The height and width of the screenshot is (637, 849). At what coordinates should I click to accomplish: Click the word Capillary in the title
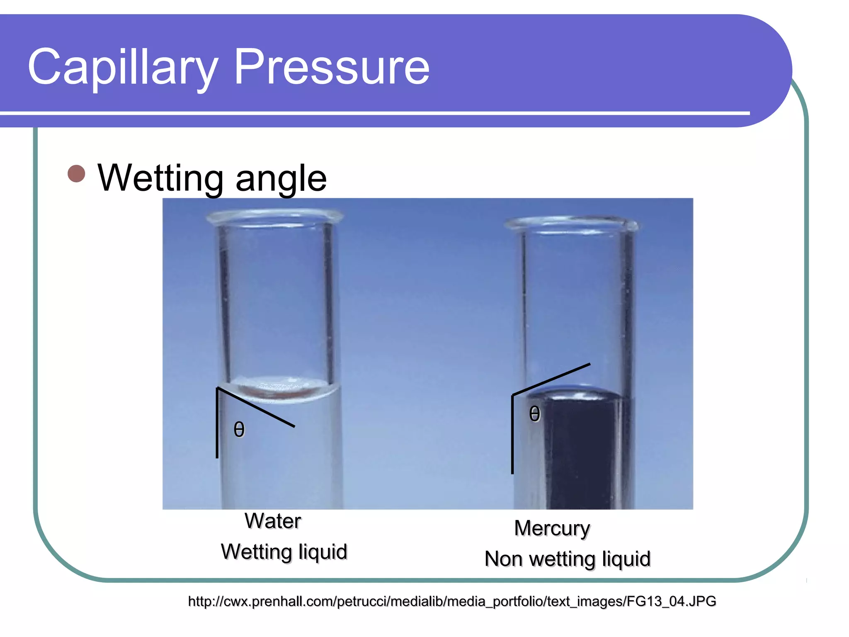123,67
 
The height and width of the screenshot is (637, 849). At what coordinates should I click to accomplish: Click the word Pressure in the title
332,67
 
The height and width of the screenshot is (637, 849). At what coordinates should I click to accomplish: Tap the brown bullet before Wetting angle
76,174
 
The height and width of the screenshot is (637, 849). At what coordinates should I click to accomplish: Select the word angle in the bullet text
281,178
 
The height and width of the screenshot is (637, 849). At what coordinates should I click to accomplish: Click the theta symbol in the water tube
239,429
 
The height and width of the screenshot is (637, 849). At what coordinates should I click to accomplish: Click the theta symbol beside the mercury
535,414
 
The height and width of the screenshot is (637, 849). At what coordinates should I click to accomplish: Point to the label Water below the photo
272,521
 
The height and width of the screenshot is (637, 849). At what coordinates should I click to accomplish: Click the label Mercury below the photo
552,528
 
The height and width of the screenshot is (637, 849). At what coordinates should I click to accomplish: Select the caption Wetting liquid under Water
284,552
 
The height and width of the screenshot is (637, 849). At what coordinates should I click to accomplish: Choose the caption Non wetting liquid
568,559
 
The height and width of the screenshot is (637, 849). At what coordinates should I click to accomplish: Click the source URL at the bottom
452,601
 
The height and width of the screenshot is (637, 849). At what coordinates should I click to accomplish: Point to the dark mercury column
580,456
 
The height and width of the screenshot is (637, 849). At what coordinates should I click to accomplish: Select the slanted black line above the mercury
551,379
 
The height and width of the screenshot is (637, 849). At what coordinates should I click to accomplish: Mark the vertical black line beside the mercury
512,435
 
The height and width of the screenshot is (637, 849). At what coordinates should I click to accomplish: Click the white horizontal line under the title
373,113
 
